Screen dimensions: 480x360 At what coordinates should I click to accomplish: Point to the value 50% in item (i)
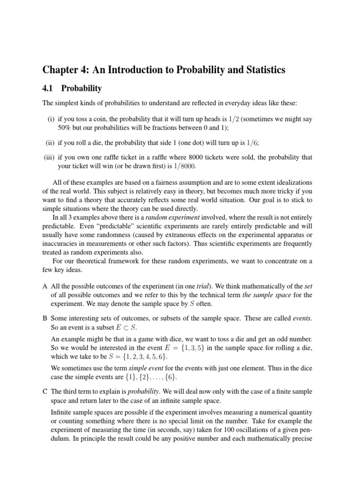[x=65, y=128]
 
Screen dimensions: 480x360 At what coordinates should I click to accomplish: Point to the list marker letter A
[x=45, y=285]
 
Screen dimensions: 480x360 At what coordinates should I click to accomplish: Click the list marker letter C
[x=45, y=391]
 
